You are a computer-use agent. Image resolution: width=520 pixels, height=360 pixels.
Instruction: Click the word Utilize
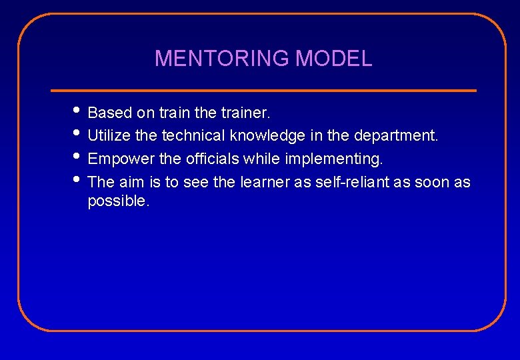pyautogui.click(x=109, y=135)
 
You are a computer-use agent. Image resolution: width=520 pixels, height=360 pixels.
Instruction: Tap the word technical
pyautogui.click(x=193, y=135)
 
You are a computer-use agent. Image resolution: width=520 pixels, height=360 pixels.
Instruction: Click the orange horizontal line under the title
pyautogui.click(x=263, y=90)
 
